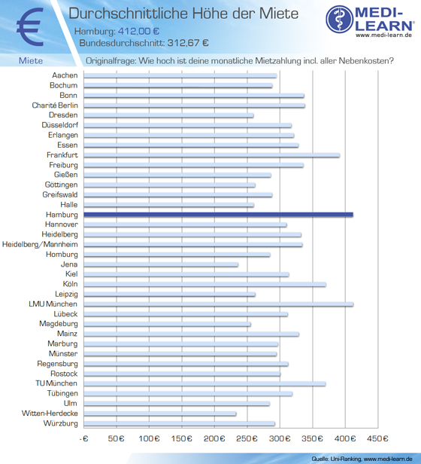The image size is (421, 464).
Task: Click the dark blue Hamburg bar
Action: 218,215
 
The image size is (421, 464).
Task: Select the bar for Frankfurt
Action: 211,155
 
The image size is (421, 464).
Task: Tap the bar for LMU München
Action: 218,304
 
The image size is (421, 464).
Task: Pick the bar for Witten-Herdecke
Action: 160,414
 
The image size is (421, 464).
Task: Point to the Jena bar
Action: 161,264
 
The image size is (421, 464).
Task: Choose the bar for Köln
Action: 204,285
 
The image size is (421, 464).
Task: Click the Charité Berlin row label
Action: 55,105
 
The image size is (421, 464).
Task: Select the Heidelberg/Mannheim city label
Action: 40,244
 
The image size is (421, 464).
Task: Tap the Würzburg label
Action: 61,423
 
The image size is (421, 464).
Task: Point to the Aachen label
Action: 65,75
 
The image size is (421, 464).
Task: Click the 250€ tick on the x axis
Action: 247,438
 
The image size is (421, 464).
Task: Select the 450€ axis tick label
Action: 377,438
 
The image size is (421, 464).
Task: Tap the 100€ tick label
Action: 149,438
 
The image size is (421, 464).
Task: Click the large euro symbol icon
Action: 31,26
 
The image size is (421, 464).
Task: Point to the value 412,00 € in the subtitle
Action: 138,31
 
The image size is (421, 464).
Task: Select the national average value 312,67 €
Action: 188,43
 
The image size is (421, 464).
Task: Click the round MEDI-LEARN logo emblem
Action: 340,19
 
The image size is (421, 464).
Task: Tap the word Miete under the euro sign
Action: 31,61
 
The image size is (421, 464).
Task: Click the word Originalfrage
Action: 111,61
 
